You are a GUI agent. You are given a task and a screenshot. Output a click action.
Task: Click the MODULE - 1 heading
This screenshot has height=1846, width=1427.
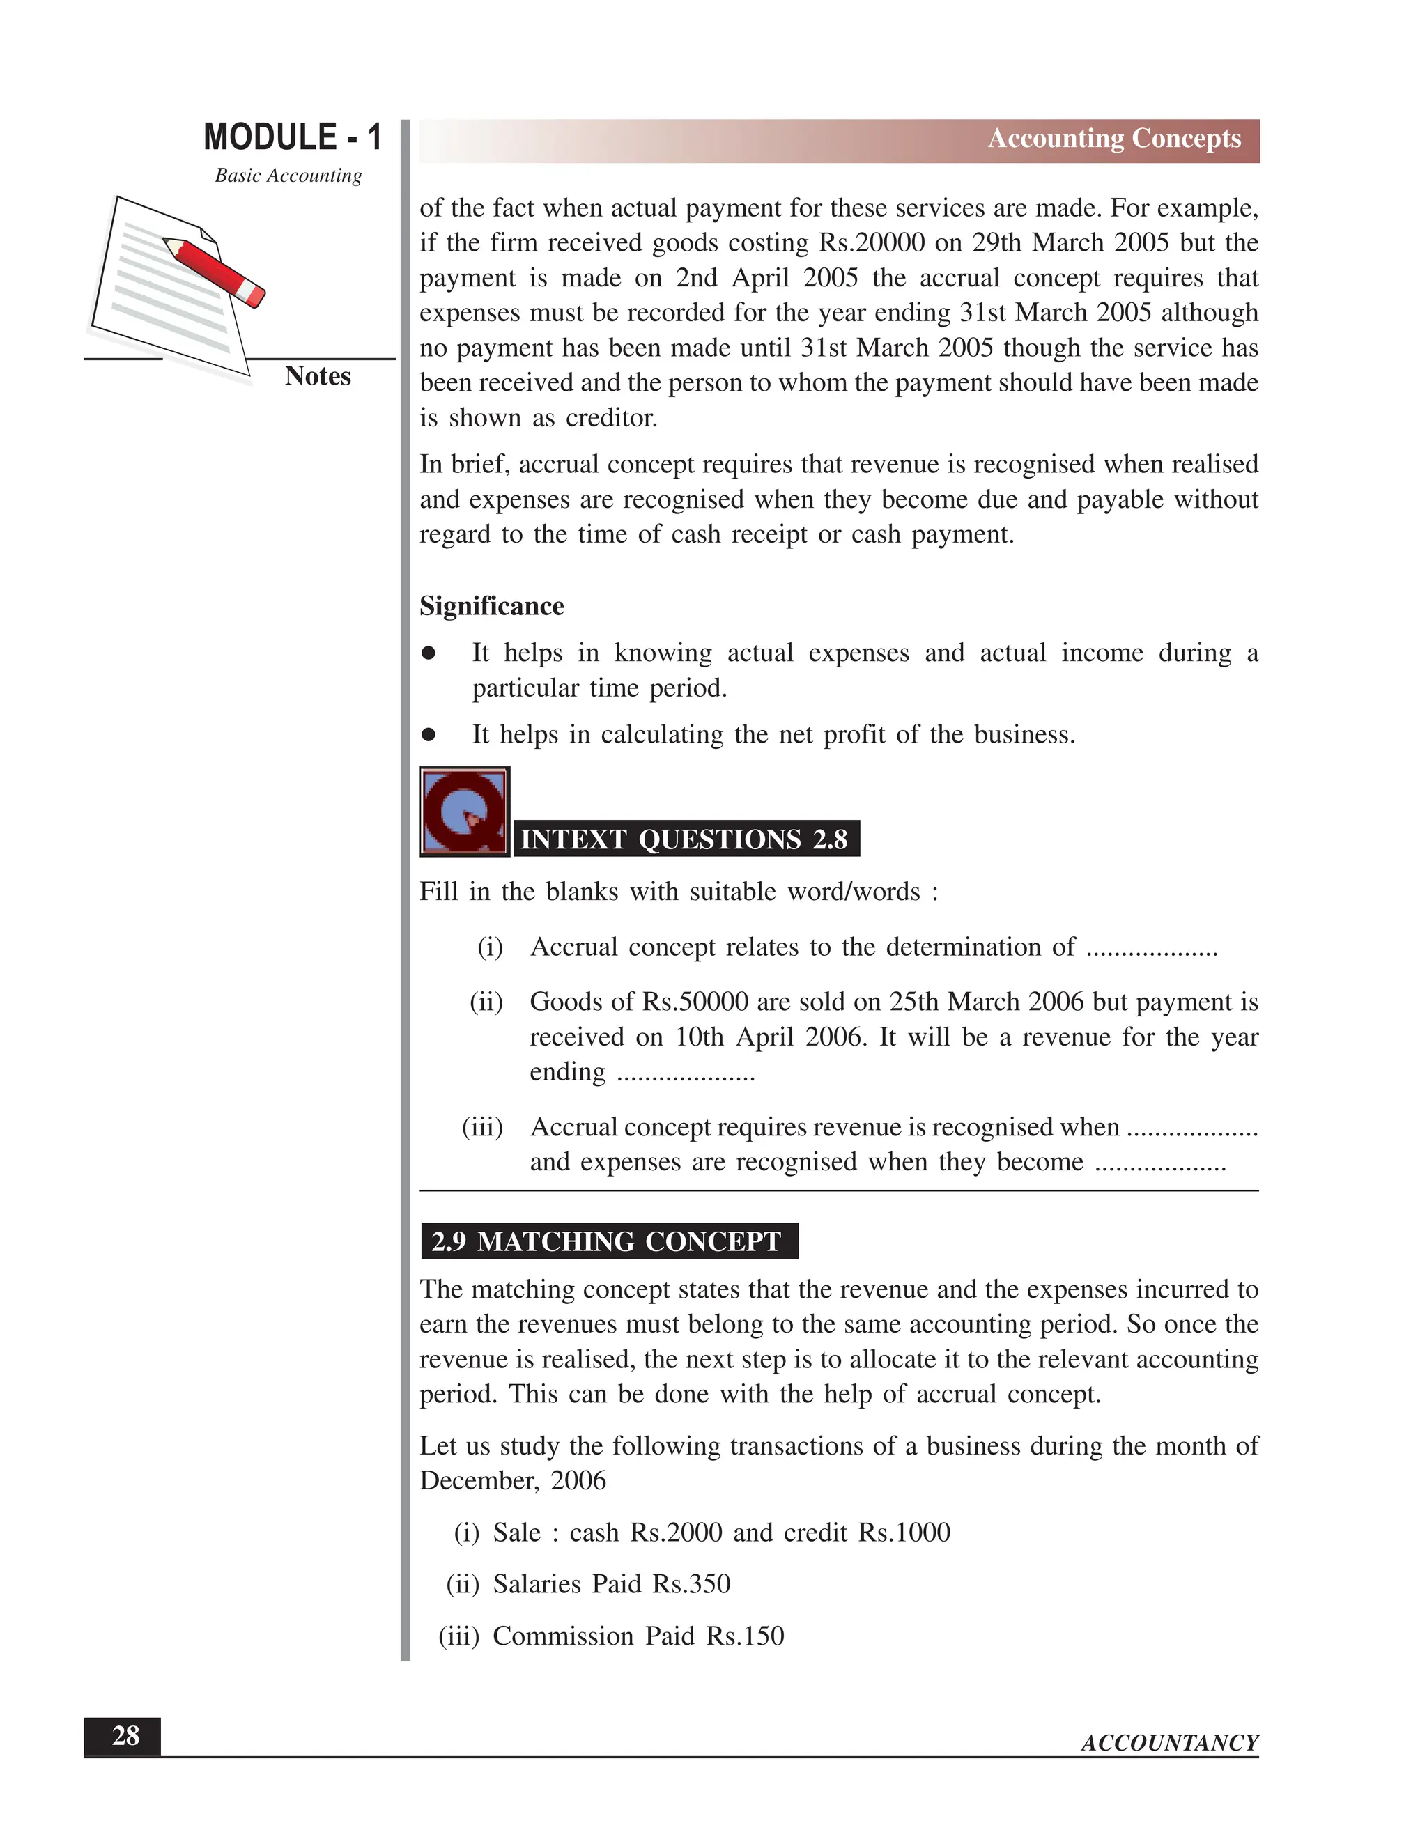[293, 137]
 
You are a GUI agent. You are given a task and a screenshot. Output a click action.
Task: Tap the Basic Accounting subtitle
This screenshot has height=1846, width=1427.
[288, 175]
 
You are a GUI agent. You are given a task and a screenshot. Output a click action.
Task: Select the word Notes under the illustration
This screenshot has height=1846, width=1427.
[317, 376]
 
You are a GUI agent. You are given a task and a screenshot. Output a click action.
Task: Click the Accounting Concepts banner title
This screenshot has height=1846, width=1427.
[1113, 138]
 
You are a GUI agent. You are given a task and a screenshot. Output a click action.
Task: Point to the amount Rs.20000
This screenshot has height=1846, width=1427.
[872, 243]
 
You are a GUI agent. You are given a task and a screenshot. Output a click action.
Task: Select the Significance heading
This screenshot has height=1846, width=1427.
[491, 606]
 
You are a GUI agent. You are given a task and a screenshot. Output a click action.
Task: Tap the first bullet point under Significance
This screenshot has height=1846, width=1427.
[429, 653]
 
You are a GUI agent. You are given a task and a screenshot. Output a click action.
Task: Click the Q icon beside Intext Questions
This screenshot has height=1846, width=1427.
[464, 812]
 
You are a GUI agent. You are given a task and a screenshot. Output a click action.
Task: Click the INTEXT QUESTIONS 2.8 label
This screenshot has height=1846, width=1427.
[684, 839]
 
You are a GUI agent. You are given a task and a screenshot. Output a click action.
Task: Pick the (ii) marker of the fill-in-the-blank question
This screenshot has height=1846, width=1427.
[486, 1002]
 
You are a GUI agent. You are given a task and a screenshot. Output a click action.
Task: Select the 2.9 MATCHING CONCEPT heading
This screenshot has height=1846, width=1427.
[607, 1241]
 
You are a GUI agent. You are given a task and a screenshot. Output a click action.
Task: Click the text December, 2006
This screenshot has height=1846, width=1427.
[512, 1481]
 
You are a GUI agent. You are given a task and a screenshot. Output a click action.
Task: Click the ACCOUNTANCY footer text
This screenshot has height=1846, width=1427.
[1169, 1743]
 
